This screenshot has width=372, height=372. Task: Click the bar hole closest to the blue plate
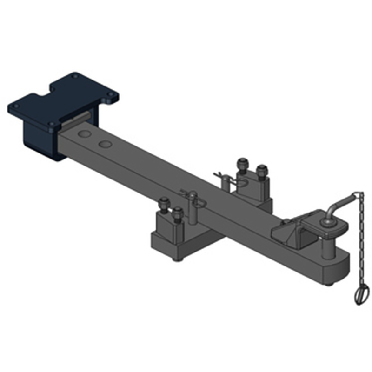(x=85, y=134)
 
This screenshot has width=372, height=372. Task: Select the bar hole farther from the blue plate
(x=106, y=144)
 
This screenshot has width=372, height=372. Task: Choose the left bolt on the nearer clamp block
(x=163, y=205)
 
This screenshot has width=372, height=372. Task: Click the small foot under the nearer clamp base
(x=176, y=258)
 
